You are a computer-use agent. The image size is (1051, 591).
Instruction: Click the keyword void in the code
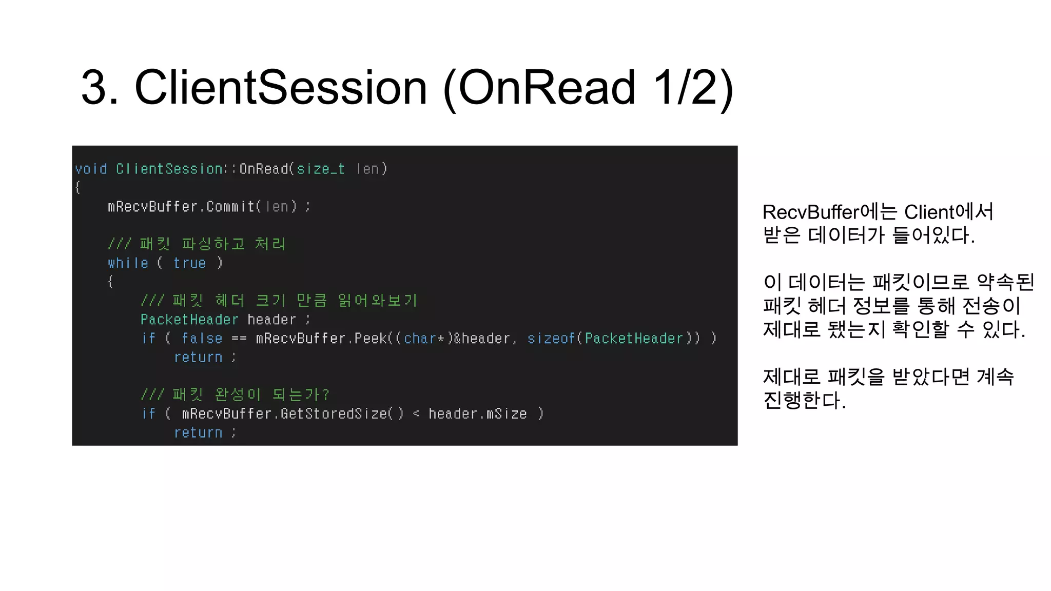pyautogui.click(x=91, y=169)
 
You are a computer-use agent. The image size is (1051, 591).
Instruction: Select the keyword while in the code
pyautogui.click(x=128, y=263)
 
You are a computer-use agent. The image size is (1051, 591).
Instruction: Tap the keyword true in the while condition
pyautogui.click(x=189, y=263)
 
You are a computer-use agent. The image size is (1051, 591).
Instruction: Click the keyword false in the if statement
pyautogui.click(x=202, y=339)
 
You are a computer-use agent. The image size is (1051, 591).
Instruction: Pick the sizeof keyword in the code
pyautogui.click(x=551, y=339)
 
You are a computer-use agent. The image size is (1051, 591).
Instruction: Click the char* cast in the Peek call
pyautogui.click(x=423, y=339)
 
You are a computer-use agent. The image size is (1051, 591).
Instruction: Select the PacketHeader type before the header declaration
pyautogui.click(x=189, y=320)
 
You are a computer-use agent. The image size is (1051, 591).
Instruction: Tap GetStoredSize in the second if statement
pyautogui.click(x=334, y=414)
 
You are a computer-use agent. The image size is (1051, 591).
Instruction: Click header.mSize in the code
pyautogui.click(x=477, y=414)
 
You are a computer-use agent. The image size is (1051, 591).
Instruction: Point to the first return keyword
pyautogui.click(x=198, y=358)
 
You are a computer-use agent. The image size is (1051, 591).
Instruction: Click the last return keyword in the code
pyautogui.click(x=198, y=433)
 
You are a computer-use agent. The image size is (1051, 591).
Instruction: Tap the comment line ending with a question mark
pyautogui.click(x=235, y=395)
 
